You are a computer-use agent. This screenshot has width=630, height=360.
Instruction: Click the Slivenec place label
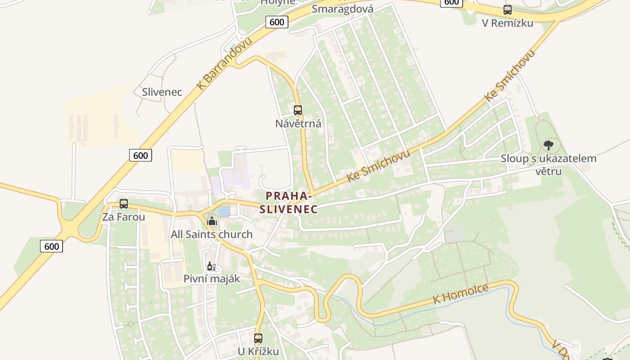[x=162, y=92]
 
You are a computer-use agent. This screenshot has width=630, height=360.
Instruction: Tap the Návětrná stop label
[x=298, y=123]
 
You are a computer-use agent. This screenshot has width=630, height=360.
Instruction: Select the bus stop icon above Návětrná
[x=298, y=110]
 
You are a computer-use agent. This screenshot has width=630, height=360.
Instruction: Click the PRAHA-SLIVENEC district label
[x=288, y=202]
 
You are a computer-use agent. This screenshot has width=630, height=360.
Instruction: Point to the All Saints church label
[x=211, y=234]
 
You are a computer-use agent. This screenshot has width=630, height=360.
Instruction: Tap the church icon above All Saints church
[x=212, y=221]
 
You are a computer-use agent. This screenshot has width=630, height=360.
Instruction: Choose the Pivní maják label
[x=211, y=279]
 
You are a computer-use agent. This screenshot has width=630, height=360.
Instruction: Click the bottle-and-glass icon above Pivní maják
[x=211, y=266]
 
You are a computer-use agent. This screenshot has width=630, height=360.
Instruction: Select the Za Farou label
[x=124, y=217]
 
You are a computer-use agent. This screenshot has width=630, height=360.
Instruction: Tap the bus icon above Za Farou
[x=124, y=204]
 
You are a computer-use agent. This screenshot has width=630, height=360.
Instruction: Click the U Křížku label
[x=258, y=351]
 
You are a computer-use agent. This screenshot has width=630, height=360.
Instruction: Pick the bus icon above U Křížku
[x=258, y=338]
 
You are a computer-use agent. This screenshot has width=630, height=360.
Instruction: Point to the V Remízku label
[x=508, y=23]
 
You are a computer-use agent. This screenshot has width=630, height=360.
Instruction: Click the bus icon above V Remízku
[x=508, y=10]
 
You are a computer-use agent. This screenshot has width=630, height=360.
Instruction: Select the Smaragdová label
[x=342, y=9]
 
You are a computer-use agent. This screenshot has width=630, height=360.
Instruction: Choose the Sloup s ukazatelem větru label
[x=549, y=164]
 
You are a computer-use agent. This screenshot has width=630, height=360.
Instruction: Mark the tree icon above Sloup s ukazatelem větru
[x=549, y=145]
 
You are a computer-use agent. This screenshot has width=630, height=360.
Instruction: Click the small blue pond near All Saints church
[x=224, y=211]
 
